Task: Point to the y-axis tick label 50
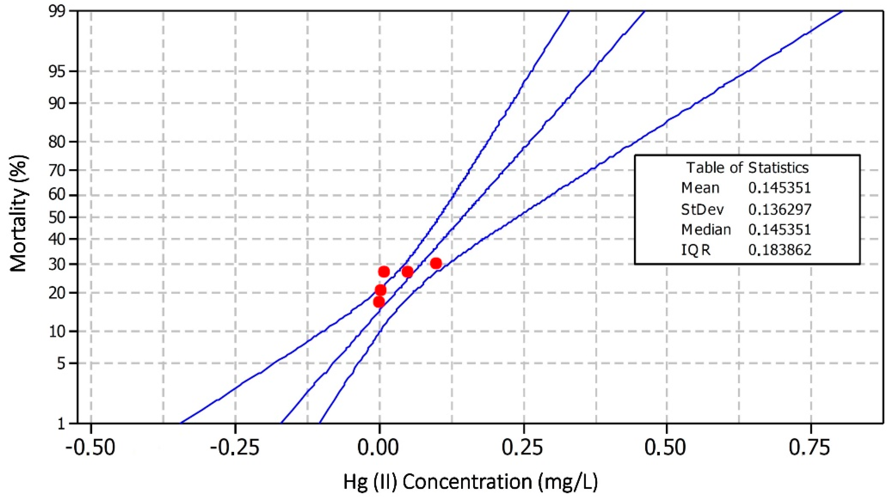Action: pos(57,218)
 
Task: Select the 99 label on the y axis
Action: pos(57,11)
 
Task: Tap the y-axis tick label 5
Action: pos(61,363)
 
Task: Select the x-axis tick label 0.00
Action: pos(379,448)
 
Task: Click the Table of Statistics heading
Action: pos(747,168)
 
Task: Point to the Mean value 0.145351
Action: pos(780,188)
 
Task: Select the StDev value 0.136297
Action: pos(780,209)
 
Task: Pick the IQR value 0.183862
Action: pos(780,250)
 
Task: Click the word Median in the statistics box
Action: pos(706,229)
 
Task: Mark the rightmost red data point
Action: pos(436,264)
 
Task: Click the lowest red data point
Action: pos(379,302)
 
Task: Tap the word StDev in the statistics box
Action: pos(702,209)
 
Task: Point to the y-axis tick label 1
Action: pos(61,424)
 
